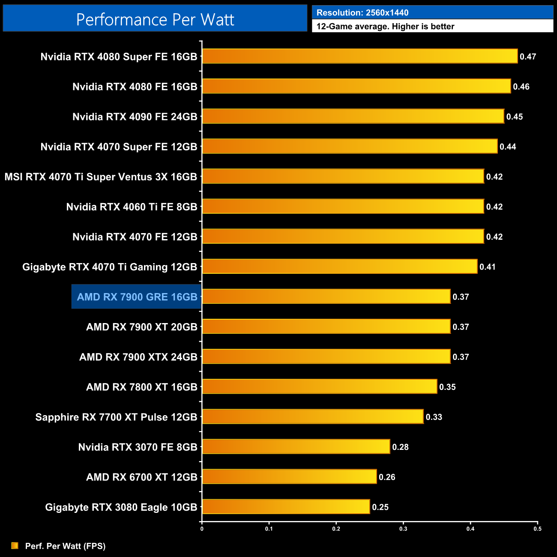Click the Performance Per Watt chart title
155,19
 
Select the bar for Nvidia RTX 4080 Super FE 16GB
360,56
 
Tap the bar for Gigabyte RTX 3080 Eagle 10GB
286,506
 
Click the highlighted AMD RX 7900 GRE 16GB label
137,296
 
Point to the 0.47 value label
528,57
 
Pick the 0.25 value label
380,507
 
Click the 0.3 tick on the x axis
403,529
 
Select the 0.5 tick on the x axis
537,529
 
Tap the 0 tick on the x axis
202,529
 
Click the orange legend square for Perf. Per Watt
15,545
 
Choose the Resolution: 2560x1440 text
362,13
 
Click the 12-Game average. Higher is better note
385,27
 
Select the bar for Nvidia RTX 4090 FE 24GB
353,116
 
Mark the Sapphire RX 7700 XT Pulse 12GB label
116,417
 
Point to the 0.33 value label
434,417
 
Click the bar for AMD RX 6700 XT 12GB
289,476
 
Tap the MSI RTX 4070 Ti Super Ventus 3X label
101,177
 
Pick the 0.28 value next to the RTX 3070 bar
400,447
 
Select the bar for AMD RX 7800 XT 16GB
320,386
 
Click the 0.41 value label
487,267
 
